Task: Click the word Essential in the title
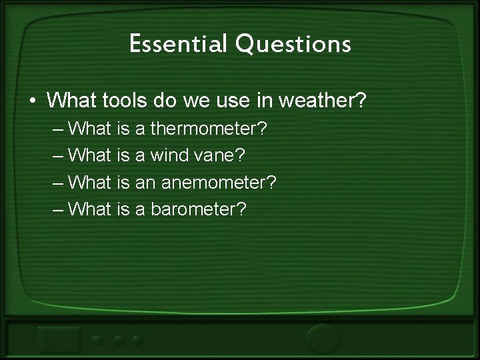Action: point(170,44)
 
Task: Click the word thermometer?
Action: point(211,127)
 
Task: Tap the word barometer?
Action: point(199,209)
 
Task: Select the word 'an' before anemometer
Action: point(145,182)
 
